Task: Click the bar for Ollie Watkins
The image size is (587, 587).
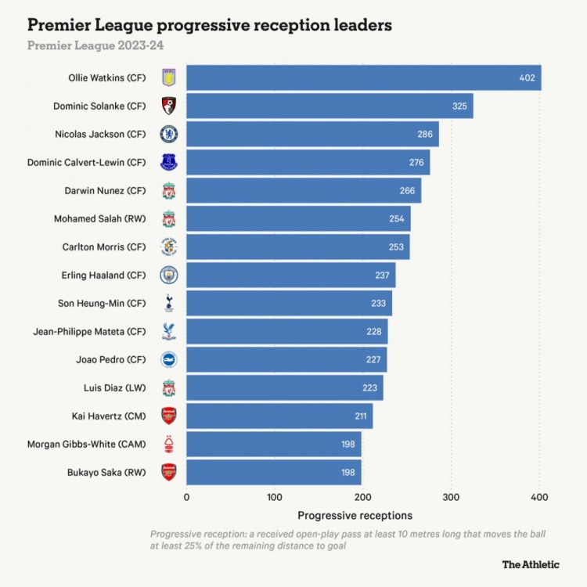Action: [x=363, y=77]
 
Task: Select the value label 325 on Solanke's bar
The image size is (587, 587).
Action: [x=461, y=106]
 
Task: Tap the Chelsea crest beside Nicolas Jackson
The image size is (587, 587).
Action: [x=168, y=134]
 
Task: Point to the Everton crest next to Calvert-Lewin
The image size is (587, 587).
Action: [x=168, y=162]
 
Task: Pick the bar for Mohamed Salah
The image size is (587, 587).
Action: [x=298, y=218]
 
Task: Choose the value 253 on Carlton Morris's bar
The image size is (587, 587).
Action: [x=396, y=247]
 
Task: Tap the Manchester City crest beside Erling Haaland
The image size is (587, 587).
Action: [x=168, y=275]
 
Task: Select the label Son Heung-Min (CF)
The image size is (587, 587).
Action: [x=102, y=303]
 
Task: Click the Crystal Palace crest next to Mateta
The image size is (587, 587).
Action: [x=168, y=331]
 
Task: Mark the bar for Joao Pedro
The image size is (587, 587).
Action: [x=286, y=359]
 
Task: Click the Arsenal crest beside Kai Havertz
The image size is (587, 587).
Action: [x=168, y=416]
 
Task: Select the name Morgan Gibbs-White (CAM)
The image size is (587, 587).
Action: [x=87, y=444]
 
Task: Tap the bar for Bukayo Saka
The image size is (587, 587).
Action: [x=274, y=472]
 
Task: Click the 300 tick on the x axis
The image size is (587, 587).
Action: [x=451, y=496]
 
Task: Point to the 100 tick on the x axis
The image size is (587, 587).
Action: [x=275, y=496]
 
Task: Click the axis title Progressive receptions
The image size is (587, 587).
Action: [x=355, y=516]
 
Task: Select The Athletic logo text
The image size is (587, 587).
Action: [x=531, y=564]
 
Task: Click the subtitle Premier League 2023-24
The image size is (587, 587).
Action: [x=95, y=45]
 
